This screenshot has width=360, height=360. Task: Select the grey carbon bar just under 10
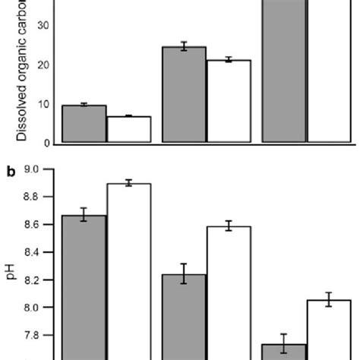point(84,124)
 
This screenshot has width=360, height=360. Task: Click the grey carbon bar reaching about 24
point(184,95)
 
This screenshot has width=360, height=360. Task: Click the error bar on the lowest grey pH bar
point(283,344)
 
